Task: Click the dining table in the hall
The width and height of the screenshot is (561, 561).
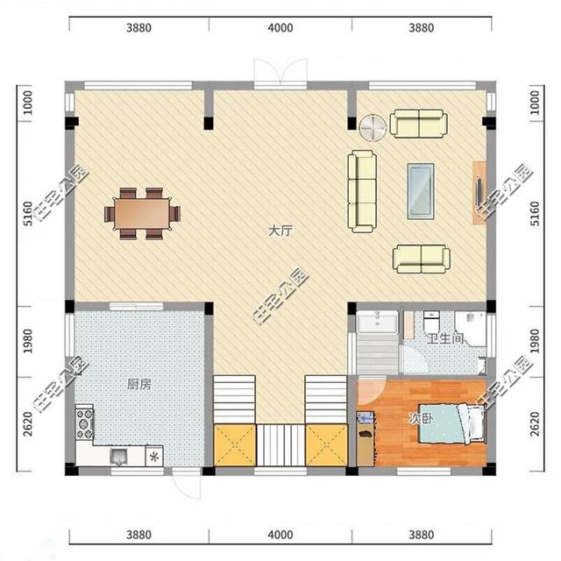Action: pyautogui.click(x=142, y=213)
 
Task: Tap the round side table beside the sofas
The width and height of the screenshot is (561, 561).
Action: pyautogui.click(x=373, y=128)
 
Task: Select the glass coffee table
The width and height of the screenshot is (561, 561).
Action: pyautogui.click(x=421, y=191)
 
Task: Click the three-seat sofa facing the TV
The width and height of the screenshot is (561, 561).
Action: pyautogui.click(x=362, y=191)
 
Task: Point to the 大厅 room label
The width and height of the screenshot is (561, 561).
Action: pyautogui.click(x=280, y=231)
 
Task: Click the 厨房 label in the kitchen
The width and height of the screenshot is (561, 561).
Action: pyautogui.click(x=139, y=385)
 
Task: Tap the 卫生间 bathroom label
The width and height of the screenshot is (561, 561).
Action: pyautogui.click(x=445, y=338)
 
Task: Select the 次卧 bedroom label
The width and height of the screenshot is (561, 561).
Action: pyautogui.click(x=421, y=419)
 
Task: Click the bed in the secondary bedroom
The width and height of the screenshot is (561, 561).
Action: pyautogui.click(x=451, y=424)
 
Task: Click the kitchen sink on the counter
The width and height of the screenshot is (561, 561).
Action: pyautogui.click(x=119, y=457)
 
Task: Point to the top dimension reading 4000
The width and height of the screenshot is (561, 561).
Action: pyautogui.click(x=280, y=28)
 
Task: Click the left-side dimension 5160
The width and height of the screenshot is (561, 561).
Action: pyautogui.click(x=27, y=214)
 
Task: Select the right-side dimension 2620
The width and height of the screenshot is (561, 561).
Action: pyautogui.click(x=535, y=424)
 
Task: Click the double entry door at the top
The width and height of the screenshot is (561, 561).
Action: pyautogui.click(x=280, y=72)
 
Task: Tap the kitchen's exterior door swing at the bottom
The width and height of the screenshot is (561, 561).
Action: pyautogui.click(x=186, y=484)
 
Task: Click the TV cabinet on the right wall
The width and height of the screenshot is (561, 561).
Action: pyautogui.click(x=479, y=193)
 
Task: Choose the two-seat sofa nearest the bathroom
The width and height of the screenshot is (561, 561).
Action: pyautogui.click(x=422, y=259)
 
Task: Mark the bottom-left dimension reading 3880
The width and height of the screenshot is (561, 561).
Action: pyautogui.click(x=138, y=535)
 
